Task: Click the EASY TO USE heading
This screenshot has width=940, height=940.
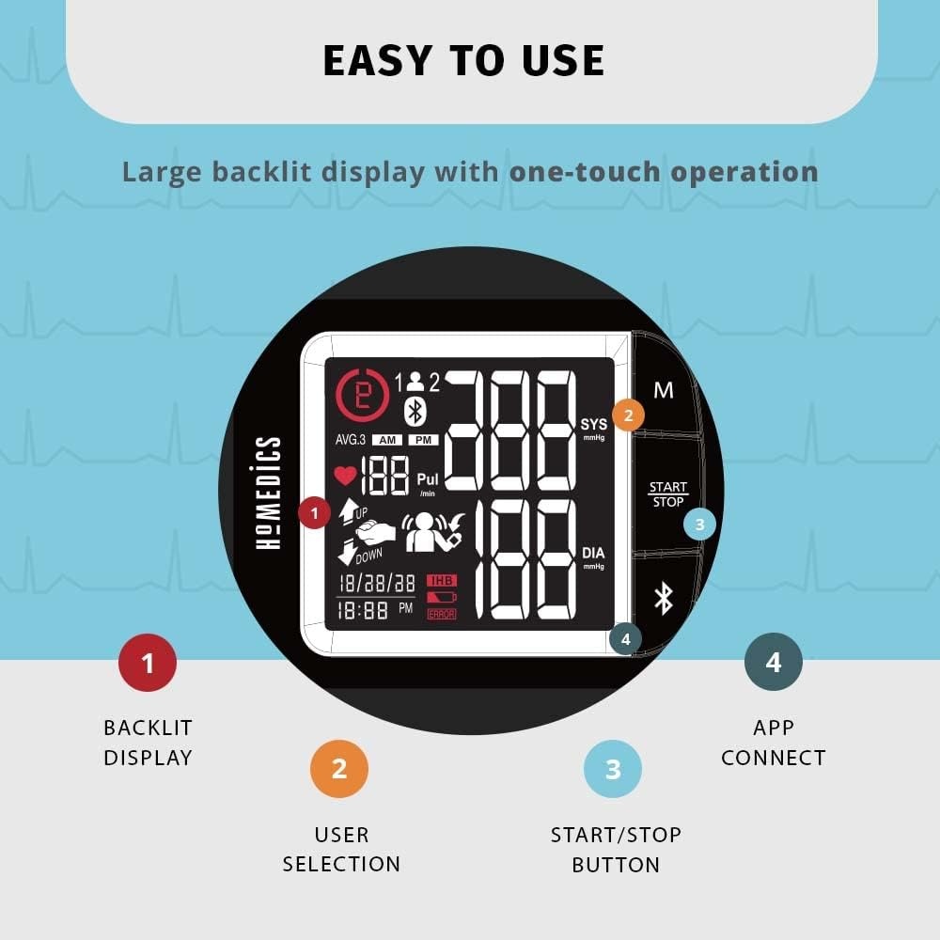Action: point(463,60)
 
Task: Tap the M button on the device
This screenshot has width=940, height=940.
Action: point(663,390)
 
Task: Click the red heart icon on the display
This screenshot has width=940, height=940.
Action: point(345,476)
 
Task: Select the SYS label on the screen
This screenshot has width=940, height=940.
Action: point(593,424)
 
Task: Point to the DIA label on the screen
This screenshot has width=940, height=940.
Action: point(593,553)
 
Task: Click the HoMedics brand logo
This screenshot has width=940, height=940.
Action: point(268,493)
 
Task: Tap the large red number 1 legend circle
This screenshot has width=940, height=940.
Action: point(148,663)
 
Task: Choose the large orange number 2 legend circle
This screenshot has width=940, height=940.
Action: point(339,769)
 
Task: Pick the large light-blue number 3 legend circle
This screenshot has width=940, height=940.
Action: point(613,769)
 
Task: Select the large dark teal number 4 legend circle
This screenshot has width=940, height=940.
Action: point(774,662)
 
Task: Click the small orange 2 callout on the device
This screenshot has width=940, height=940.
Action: point(628,415)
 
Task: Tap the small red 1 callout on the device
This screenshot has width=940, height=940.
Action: point(314,512)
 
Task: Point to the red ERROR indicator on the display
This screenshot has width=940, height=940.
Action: point(441,614)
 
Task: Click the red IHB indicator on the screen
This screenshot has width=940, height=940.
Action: point(442,580)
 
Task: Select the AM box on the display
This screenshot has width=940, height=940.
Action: point(387,440)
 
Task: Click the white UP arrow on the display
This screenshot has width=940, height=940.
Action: point(349,511)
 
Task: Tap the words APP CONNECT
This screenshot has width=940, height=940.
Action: point(774,743)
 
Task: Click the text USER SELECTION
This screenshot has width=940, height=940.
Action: point(341,850)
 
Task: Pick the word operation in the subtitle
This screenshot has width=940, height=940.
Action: point(744,173)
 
